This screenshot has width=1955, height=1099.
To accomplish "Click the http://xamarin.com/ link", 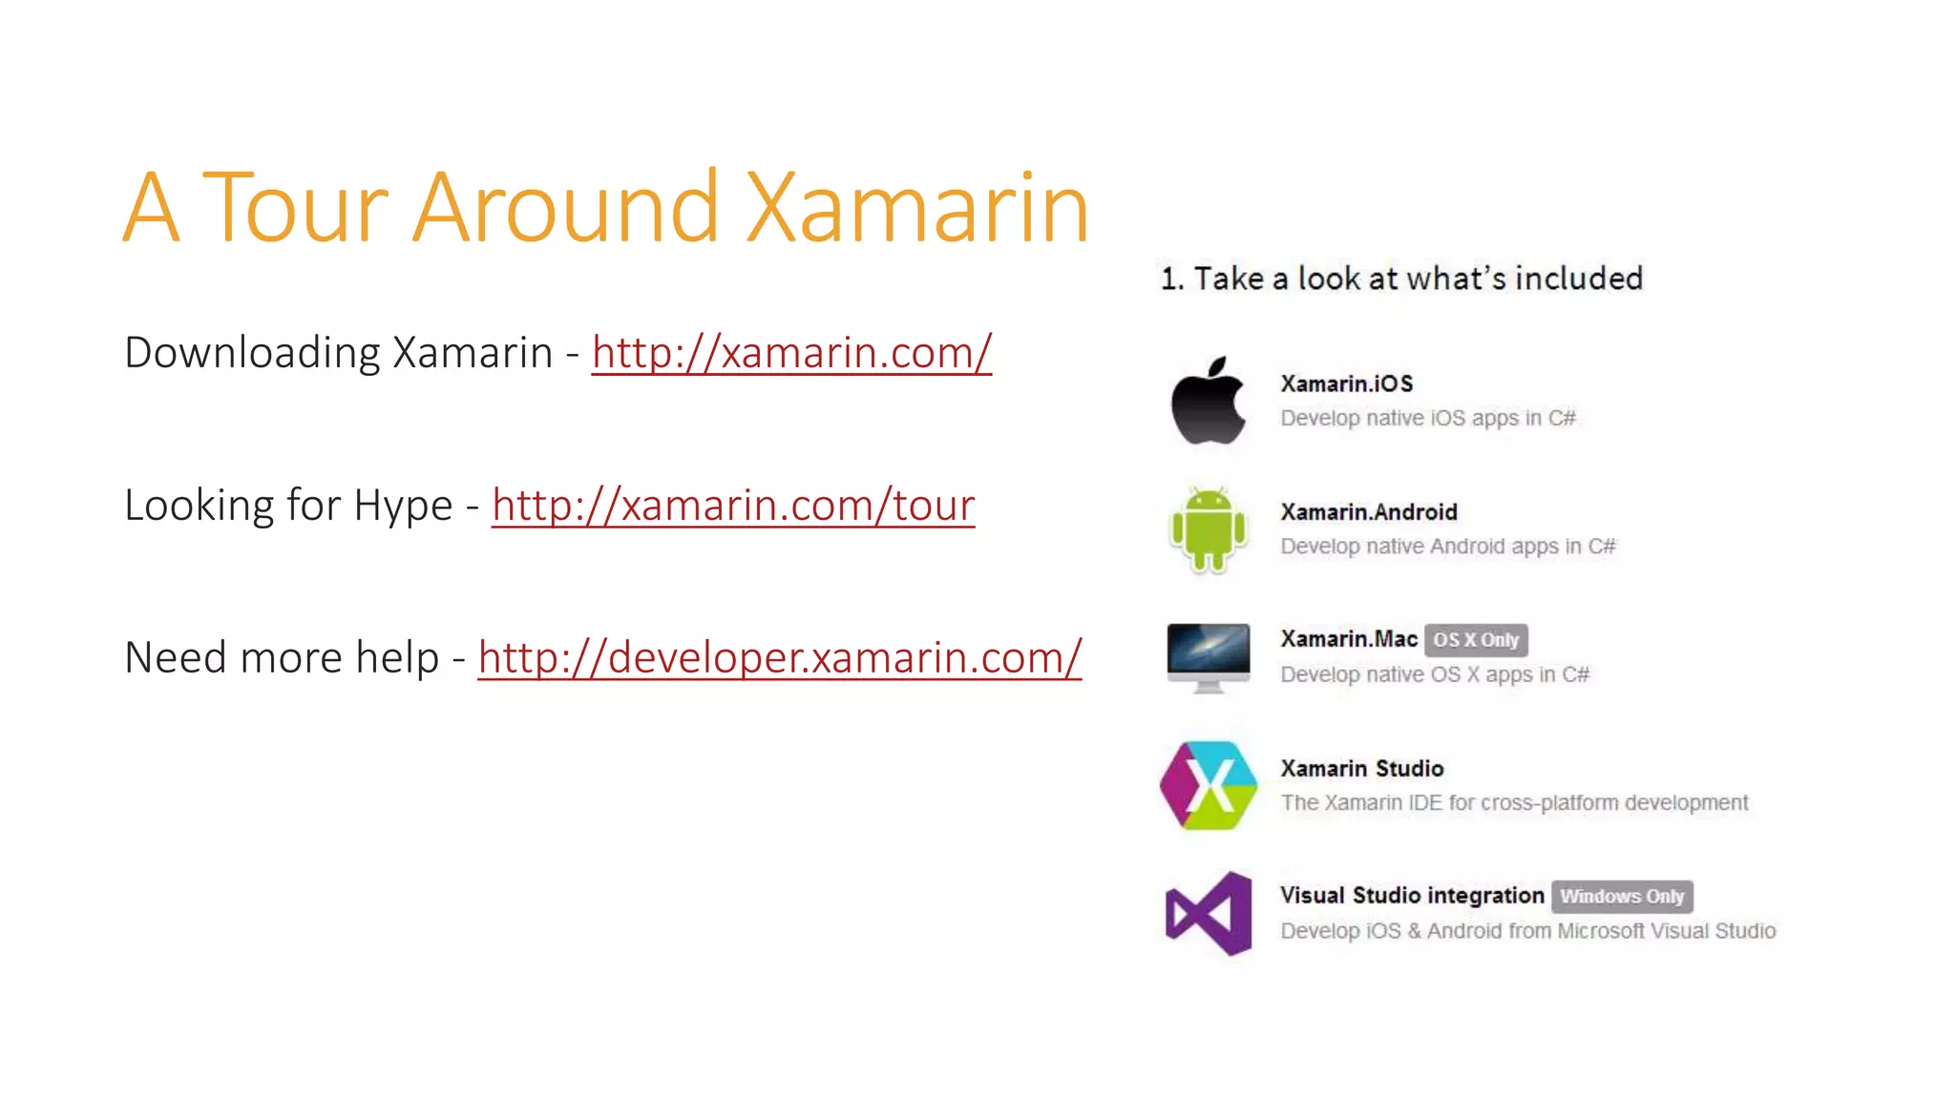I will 791,353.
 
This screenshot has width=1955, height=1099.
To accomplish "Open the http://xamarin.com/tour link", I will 733,506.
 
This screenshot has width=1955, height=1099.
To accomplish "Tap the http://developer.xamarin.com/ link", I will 779,658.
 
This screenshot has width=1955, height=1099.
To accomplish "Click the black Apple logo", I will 1209,401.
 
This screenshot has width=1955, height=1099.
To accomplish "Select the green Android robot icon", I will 1209,529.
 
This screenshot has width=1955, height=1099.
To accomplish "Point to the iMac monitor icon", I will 1209,656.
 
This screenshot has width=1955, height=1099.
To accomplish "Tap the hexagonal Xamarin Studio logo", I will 1209,785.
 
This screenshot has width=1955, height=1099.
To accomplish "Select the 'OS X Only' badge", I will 1476,640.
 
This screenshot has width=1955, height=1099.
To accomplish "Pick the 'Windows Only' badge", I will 1622,897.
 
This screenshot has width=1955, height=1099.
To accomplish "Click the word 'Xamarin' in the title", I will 916,207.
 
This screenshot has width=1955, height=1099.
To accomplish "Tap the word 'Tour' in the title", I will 296,207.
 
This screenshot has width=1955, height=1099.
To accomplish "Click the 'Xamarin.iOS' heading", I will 1346,384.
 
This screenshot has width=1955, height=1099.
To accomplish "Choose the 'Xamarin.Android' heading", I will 1369,512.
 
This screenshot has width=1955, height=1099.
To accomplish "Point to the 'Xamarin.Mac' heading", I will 1349,639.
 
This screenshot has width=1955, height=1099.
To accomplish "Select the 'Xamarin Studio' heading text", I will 1362,769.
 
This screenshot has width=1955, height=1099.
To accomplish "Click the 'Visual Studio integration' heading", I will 1412,896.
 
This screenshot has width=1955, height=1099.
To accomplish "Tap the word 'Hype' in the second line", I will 403,506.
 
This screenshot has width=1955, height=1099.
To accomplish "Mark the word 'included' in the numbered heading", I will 1579,279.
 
